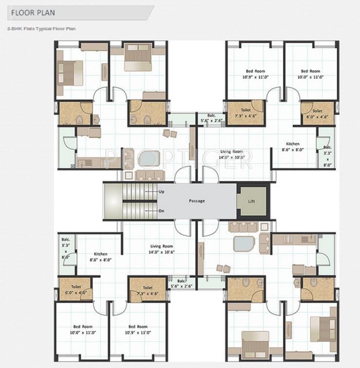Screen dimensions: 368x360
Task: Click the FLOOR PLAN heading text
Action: [33, 12]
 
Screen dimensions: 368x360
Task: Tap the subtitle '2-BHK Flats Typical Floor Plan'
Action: [41, 29]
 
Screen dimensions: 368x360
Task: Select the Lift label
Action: [251, 201]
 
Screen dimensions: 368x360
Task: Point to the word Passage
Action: [197, 201]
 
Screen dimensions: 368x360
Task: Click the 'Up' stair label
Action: [161, 192]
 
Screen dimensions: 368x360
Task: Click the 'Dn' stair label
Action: [161, 211]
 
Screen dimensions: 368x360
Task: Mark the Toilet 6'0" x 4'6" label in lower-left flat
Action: [76, 290]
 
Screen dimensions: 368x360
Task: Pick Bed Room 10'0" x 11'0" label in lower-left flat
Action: [83, 329]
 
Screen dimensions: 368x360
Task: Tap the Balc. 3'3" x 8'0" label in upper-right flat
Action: [327, 156]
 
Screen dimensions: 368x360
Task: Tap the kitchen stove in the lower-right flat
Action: [308, 239]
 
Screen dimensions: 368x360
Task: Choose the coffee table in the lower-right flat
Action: [242, 243]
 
